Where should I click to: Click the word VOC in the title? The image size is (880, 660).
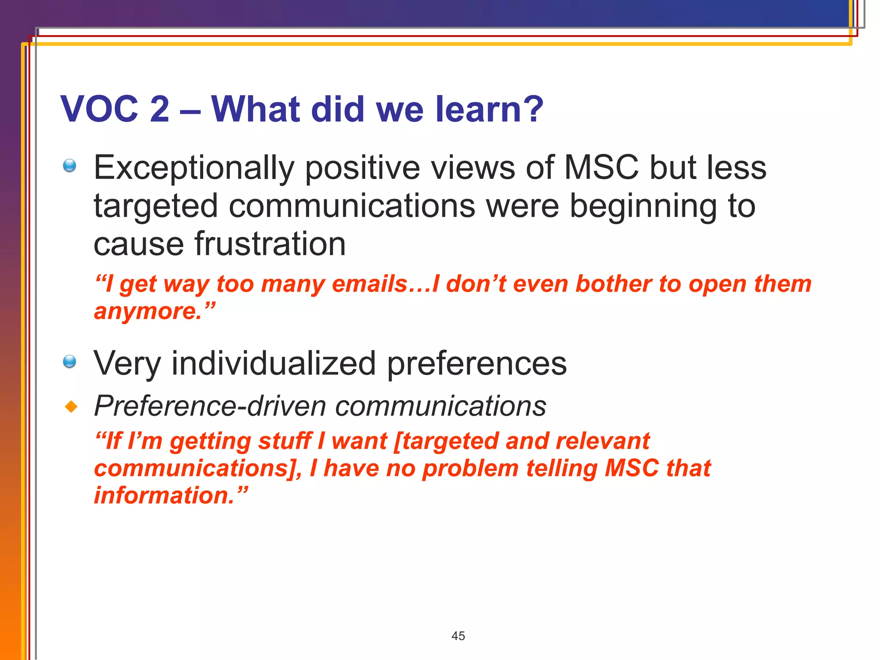tap(99, 109)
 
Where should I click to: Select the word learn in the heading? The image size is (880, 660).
tap(478, 109)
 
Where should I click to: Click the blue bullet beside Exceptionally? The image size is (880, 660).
tap(70, 165)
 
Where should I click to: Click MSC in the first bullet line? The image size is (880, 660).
tap(601, 168)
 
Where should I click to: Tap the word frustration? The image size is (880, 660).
tap(270, 244)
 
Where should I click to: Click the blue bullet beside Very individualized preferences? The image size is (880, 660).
tap(70, 361)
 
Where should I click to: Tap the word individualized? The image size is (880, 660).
tap(274, 364)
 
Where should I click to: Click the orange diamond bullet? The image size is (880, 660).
tap(71, 406)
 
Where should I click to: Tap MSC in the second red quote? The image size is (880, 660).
tap(631, 468)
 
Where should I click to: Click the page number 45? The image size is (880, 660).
tap(458, 636)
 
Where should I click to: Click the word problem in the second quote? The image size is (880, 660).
tap(470, 468)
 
